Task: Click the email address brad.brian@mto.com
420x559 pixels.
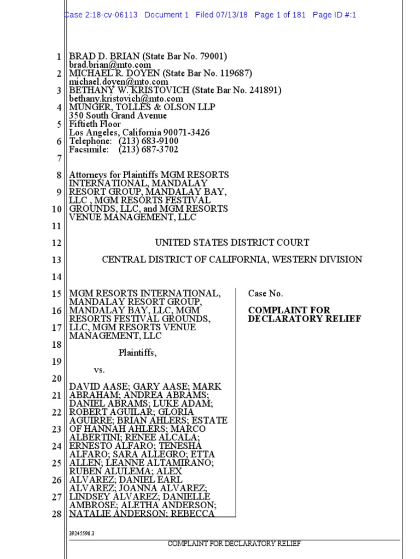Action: [110, 65]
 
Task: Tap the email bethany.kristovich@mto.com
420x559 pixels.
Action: [126, 99]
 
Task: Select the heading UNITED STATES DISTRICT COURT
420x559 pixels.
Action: [232, 242]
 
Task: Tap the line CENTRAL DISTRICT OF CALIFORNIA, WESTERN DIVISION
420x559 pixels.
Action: [232, 259]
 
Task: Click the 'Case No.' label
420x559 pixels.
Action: [265, 294]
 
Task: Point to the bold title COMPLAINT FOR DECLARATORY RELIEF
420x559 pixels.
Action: [304, 314]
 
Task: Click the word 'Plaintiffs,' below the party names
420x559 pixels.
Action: [137, 353]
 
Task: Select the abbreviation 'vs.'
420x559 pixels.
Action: [99, 370]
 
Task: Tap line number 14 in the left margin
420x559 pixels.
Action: [57, 277]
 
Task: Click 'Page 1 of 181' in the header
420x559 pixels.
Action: [280, 15]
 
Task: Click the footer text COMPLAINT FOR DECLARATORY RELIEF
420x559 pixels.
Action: [234, 544]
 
